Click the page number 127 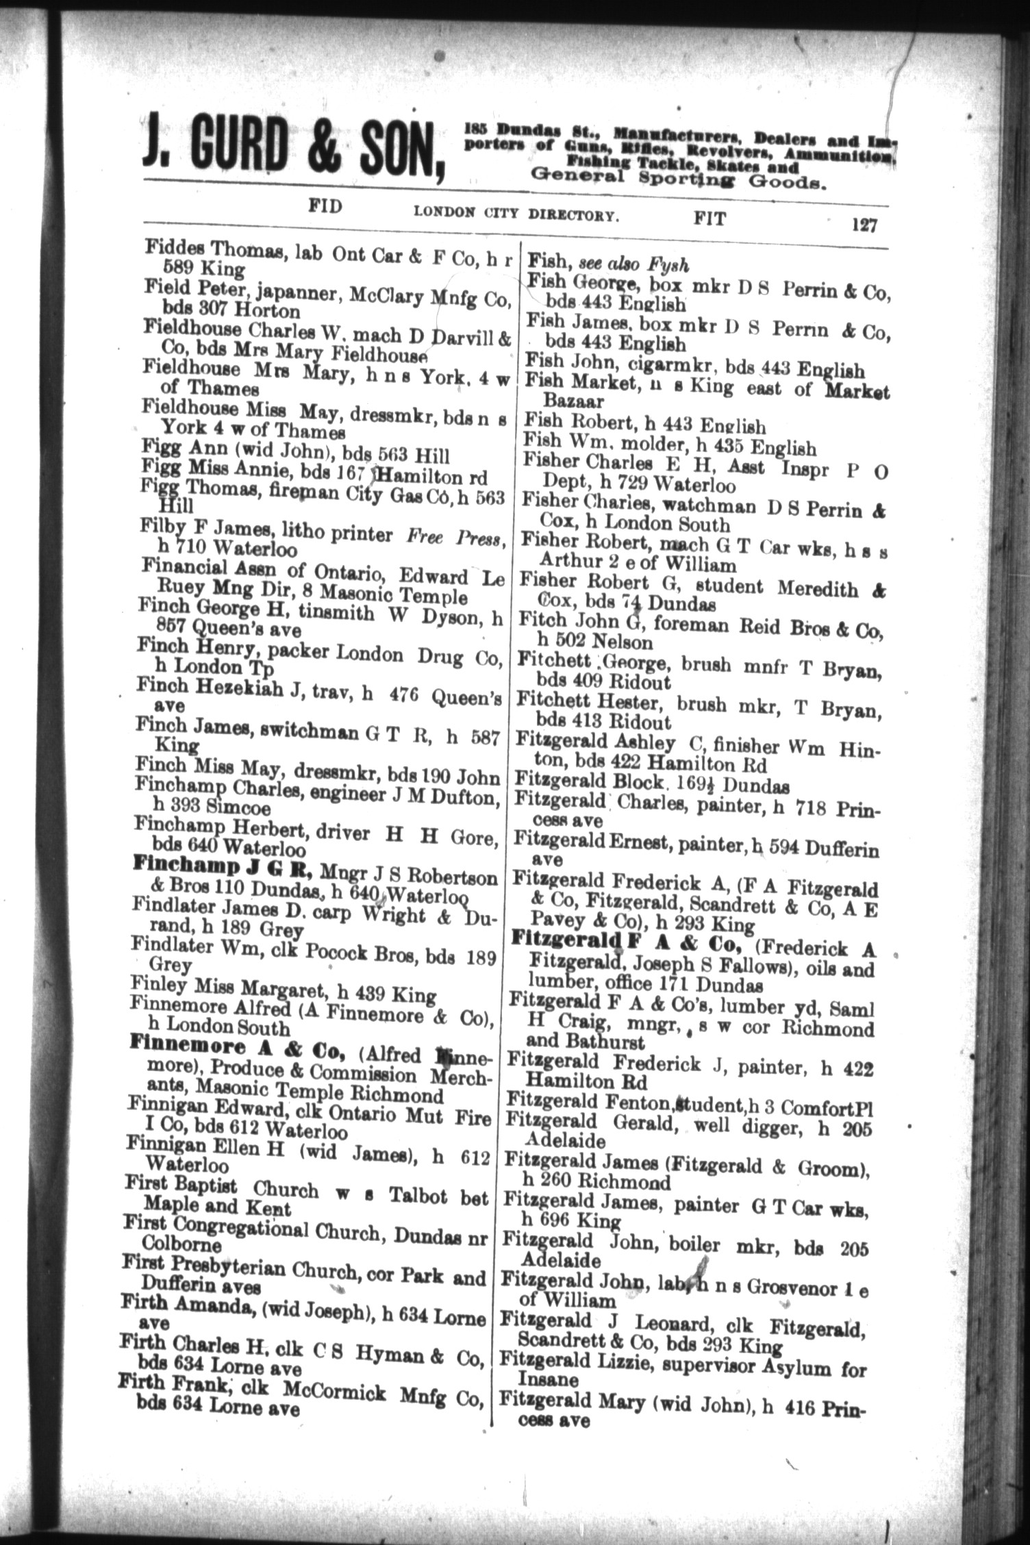864,225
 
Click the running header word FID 325,206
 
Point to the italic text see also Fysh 633,264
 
